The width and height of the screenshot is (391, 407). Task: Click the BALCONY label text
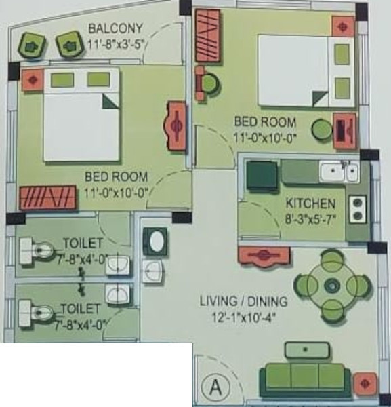[x=115, y=28]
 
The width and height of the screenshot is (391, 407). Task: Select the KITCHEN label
[x=310, y=203]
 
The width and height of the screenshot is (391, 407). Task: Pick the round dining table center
[x=331, y=285]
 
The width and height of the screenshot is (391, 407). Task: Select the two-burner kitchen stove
[x=357, y=209]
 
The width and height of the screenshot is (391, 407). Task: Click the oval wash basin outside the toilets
[x=157, y=241]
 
